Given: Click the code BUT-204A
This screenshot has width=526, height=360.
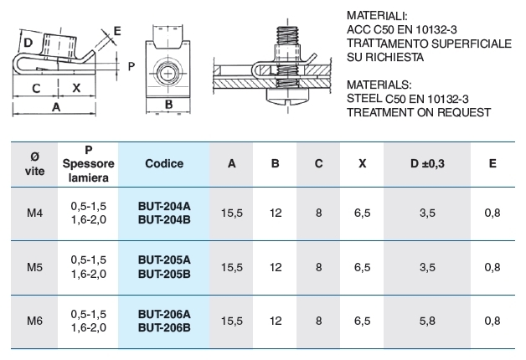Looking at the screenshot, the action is (x=164, y=206).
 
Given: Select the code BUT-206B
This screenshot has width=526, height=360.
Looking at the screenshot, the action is (x=164, y=327).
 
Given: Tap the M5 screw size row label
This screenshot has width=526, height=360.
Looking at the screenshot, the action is (x=34, y=267).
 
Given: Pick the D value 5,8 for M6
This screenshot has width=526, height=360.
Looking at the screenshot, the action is (x=427, y=321).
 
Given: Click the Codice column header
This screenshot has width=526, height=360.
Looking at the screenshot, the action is (x=164, y=163).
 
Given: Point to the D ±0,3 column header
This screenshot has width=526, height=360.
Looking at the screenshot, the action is (x=427, y=163).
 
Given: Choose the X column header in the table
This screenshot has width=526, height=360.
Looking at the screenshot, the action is (x=363, y=163).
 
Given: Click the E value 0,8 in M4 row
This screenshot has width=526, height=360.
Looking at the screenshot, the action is (x=492, y=213).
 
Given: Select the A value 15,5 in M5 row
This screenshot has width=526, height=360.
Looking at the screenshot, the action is (x=231, y=267).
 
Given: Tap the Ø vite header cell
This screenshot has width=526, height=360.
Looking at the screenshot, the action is (x=34, y=163).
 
